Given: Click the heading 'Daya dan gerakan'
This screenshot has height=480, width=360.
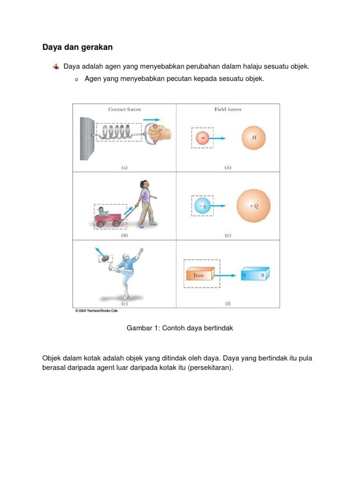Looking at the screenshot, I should click(77, 47).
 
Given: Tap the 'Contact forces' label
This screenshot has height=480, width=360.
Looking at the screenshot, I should click(124, 110).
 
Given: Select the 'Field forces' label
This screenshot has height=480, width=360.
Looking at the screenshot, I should click(228, 110).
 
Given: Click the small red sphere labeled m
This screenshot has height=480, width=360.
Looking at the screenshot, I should click(202, 138).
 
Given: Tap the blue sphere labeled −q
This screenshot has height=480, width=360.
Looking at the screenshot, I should click(202, 206).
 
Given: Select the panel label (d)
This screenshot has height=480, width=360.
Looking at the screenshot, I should click(228, 167).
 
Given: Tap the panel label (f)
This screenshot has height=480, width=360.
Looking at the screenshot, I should click(228, 304).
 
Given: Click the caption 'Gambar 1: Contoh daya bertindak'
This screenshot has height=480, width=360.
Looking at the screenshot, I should click(180, 329).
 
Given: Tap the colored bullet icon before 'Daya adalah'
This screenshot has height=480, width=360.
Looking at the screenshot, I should click(56, 67).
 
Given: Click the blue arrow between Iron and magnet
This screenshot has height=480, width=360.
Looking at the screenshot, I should click(227, 276).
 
